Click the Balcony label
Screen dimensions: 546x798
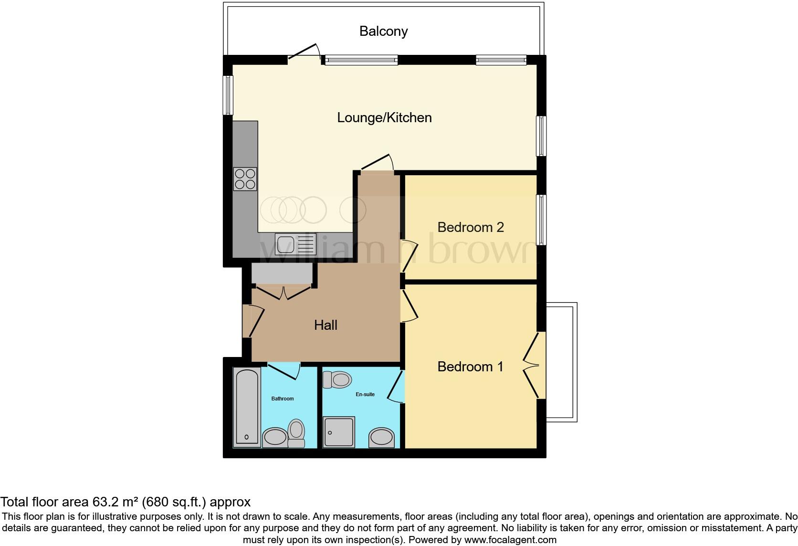tap(383, 31)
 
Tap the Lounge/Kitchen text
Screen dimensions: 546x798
tap(384, 117)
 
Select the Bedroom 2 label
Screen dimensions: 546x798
tap(470, 227)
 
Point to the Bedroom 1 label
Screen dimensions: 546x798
tap(470, 367)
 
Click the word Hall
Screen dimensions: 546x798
tap(325, 325)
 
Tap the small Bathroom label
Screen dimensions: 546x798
tap(283, 399)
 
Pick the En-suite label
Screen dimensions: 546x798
tap(365, 394)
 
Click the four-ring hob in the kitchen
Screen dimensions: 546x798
tap(245, 179)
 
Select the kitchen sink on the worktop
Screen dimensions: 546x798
tap(295, 244)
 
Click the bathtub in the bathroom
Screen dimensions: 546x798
tap(247, 407)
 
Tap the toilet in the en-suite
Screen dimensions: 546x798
tap(337, 380)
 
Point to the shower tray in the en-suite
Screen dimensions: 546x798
tap(339, 432)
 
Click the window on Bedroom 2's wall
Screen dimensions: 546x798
tap(542, 220)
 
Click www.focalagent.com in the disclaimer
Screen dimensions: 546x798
tap(510, 540)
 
